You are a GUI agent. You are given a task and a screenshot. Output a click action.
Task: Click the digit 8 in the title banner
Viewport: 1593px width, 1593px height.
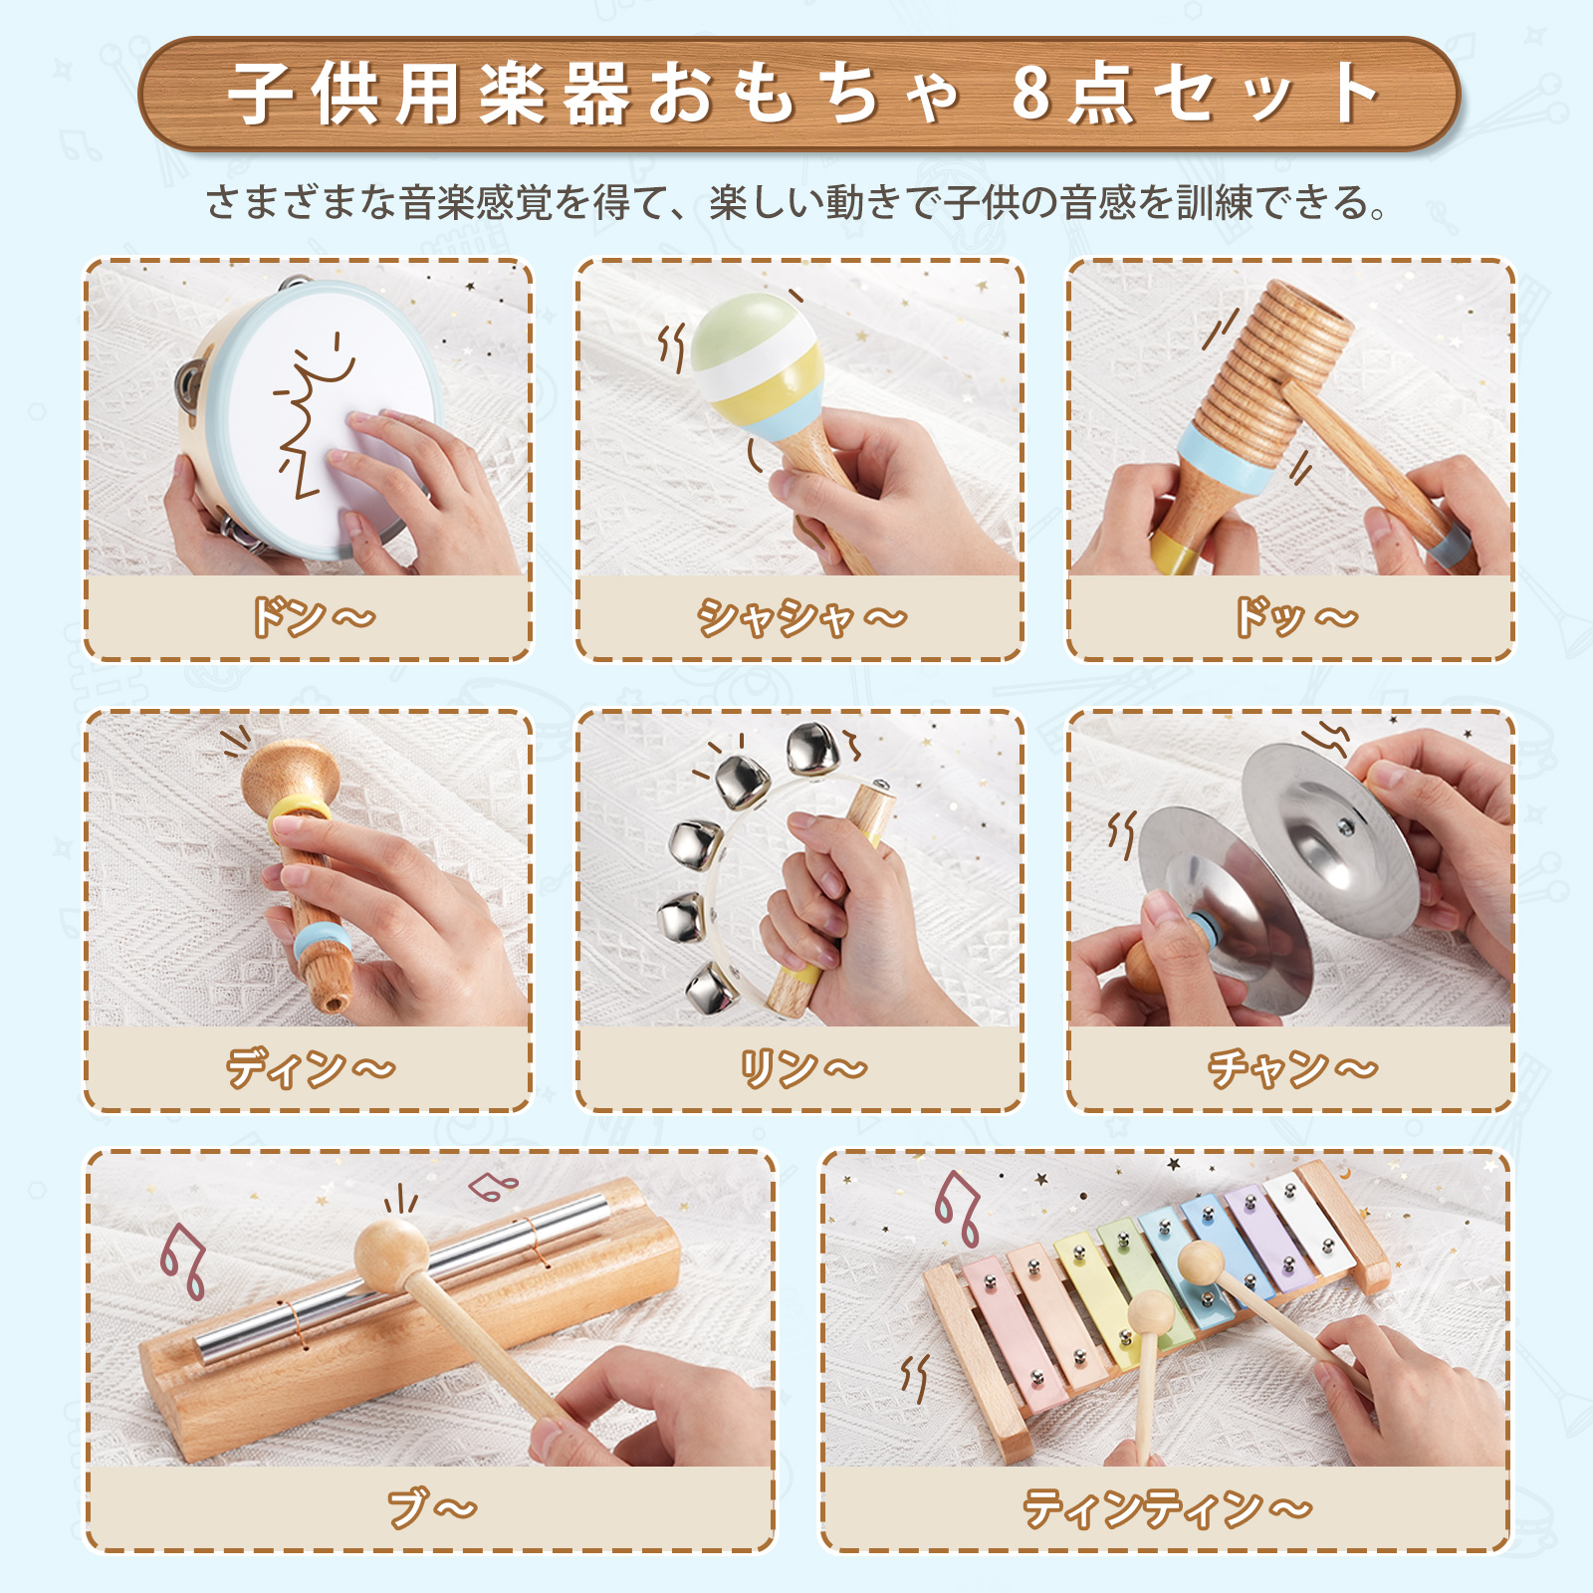1031,94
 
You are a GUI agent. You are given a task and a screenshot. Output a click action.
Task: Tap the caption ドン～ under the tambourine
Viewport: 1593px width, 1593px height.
313,617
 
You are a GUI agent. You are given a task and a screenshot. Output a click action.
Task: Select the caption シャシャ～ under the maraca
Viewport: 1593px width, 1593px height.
801,617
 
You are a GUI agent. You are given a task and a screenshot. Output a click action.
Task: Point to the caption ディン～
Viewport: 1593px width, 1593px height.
311,1068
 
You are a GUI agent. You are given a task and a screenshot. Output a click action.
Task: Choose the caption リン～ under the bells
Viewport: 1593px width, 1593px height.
803,1068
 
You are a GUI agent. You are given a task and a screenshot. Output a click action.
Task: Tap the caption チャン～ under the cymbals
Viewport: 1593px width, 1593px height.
1293,1068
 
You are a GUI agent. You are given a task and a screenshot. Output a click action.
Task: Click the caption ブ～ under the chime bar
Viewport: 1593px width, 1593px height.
432,1508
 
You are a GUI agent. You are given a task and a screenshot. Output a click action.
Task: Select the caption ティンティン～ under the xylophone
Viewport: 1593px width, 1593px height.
1168,1508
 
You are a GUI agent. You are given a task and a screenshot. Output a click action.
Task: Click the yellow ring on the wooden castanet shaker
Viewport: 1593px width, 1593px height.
299,807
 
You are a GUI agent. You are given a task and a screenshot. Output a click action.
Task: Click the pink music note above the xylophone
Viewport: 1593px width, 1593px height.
957,1208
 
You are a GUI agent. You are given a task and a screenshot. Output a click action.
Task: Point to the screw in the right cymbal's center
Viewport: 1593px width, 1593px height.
1345,825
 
